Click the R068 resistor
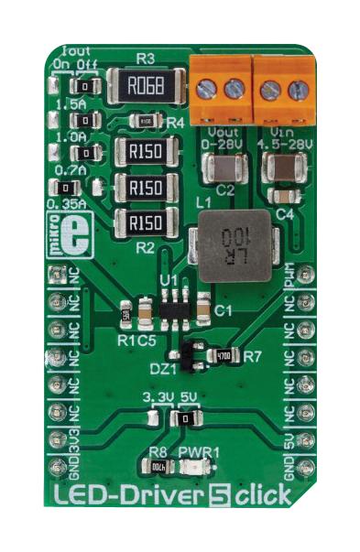144,88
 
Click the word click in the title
263,497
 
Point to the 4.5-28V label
282,144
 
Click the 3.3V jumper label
158,397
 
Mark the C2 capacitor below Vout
222,169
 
